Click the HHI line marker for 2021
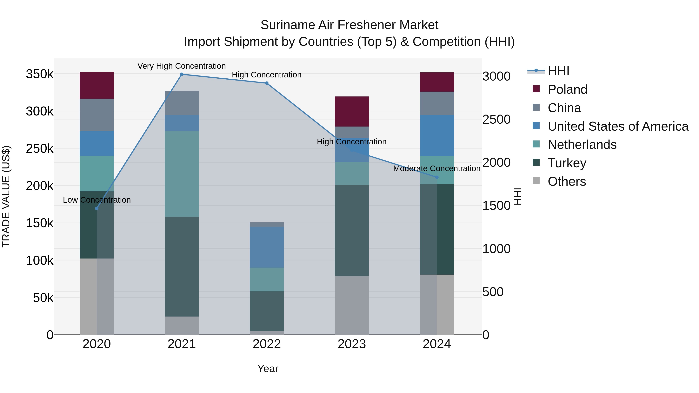pos(182,74)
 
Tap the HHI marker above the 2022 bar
pos(267,83)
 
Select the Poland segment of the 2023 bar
pos(352,111)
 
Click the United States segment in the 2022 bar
pos(267,247)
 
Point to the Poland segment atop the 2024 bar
pos(437,82)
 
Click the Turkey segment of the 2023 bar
pos(352,231)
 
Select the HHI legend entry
pos(558,71)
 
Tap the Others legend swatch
pos(536,181)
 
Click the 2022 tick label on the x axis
pos(267,344)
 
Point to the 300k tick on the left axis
pos(40,111)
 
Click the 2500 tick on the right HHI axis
pos(496,119)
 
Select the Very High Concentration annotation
pos(182,66)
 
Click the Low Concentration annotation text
pos(97,200)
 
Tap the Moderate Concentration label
pos(437,168)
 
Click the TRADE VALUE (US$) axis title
pos(6,196)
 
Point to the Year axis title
pos(268,369)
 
